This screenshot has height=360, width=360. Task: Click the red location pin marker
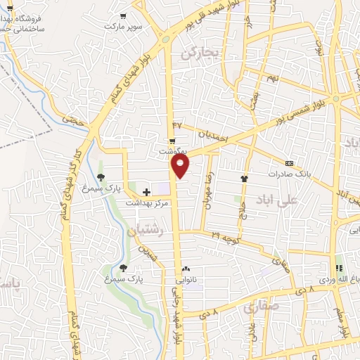181,165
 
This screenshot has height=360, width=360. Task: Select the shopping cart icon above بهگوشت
172,141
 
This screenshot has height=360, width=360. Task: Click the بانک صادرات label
288,173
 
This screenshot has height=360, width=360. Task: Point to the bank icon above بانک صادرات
289,162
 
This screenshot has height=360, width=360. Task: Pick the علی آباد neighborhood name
278,199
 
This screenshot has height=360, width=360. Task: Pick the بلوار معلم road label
344,321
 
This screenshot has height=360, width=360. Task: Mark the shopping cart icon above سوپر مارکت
123,15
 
